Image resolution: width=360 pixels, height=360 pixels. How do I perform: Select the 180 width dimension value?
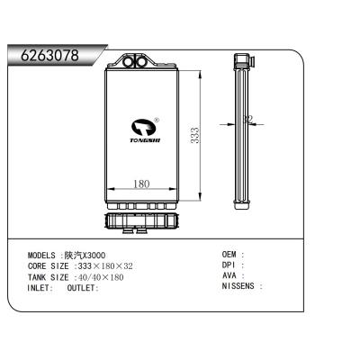140,185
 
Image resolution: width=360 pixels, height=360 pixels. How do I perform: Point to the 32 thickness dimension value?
249,118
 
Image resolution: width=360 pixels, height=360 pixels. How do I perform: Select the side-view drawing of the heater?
241,130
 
